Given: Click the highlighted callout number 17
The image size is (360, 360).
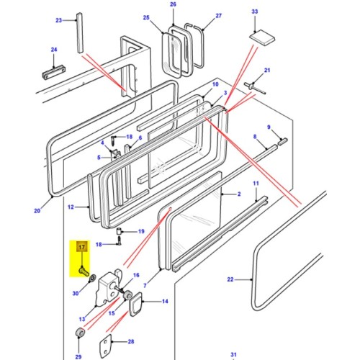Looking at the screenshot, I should (81, 248).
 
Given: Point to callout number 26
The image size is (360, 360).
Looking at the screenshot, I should (173, 5).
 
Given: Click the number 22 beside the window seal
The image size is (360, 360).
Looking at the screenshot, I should (230, 279).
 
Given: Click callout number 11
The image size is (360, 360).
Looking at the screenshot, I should (256, 185).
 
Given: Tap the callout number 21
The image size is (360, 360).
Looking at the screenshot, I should (266, 70).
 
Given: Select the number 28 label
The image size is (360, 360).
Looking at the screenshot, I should (130, 342).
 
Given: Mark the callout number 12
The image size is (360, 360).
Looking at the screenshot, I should (71, 207).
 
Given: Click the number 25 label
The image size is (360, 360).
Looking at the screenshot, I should (146, 17).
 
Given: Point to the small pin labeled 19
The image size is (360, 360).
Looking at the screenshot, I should (120, 231).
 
